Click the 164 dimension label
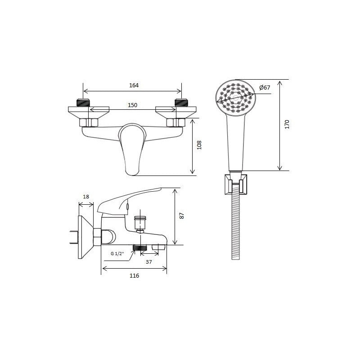[134, 85]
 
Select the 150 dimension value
[132, 105]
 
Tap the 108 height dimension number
[199, 145]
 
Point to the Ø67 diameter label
[265, 87]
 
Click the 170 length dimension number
[287, 124]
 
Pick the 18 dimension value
[86, 197]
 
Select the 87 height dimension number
[182, 216]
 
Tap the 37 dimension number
[149, 262]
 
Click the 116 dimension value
[134, 275]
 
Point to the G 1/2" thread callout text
[117, 253]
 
